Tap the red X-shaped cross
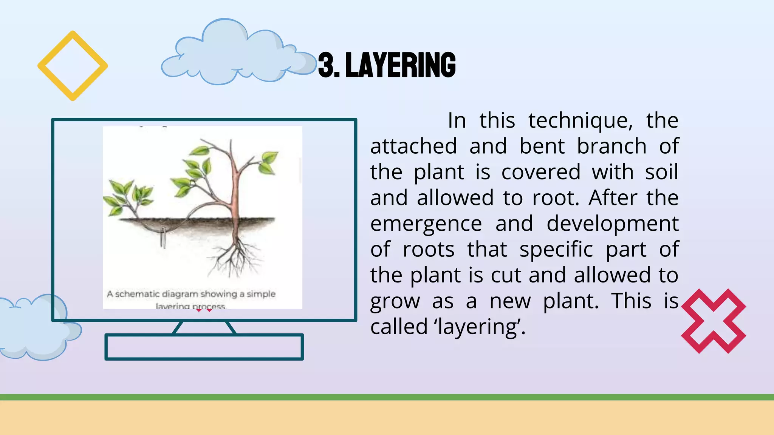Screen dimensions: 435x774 coord(713,321)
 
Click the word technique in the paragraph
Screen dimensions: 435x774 coord(580,121)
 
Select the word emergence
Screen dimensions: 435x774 coord(426,224)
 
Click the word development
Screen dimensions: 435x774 coord(612,224)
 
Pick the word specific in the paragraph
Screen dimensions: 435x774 coord(556,250)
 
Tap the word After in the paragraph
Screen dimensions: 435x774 coord(613,198)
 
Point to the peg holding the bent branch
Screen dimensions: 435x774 coord(163,238)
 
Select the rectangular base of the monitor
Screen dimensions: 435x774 coord(204,347)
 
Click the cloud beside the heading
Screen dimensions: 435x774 coord(234,53)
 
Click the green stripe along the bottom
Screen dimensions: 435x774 coord(387,397)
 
